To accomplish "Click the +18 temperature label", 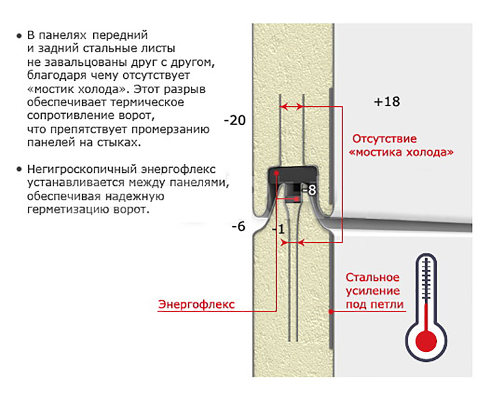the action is pos(387,102).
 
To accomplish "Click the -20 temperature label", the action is pos(234,120).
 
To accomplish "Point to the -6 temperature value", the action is pos(238,226).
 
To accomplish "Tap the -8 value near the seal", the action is pos(309,190).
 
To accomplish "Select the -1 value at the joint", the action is pos(279,230).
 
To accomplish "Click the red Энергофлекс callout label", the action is pos(197,304).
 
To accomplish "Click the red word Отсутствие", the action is pos(384,139).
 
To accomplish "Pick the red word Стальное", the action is pos(372,277).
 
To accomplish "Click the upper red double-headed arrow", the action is pos(292,107).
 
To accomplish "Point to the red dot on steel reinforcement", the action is pos(331,312).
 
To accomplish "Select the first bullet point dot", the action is pos(19,36).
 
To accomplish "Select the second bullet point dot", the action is pos(19,170).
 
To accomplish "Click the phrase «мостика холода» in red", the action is pos(401,152).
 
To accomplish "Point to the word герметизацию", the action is pos(67,209).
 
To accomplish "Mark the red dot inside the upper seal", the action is pos(276,173).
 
